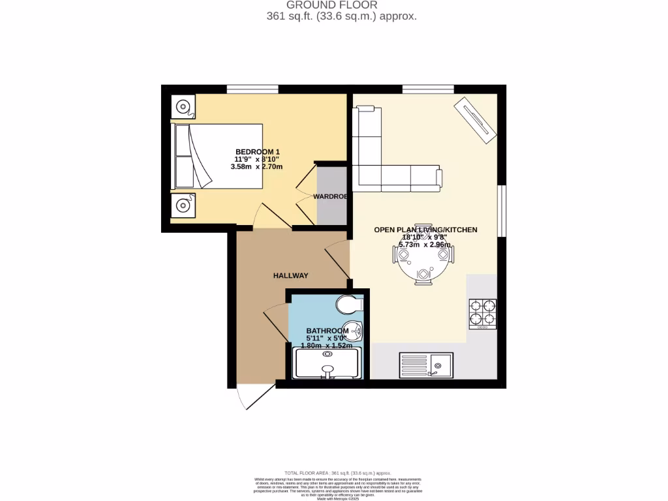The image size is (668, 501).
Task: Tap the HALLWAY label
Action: pyautogui.click(x=290, y=276)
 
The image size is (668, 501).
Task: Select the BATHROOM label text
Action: pyautogui.click(x=324, y=331)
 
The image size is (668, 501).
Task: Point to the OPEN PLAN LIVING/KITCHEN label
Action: pyautogui.click(x=425, y=230)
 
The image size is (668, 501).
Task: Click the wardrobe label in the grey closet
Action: pyautogui.click(x=330, y=196)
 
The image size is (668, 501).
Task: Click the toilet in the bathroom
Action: pyautogui.click(x=350, y=305)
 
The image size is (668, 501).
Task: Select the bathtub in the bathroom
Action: pyautogui.click(x=327, y=363)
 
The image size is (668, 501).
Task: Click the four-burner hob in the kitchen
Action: pyautogui.click(x=482, y=312)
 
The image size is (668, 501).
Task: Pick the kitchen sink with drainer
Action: pyautogui.click(x=426, y=364)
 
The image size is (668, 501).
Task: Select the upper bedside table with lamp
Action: pyautogui.click(x=183, y=106)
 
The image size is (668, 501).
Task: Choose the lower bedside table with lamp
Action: pyautogui.click(x=183, y=205)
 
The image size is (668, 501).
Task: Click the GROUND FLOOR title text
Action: pyautogui.click(x=341, y=5)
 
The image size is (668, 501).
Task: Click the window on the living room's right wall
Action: pyautogui.click(x=502, y=211)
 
